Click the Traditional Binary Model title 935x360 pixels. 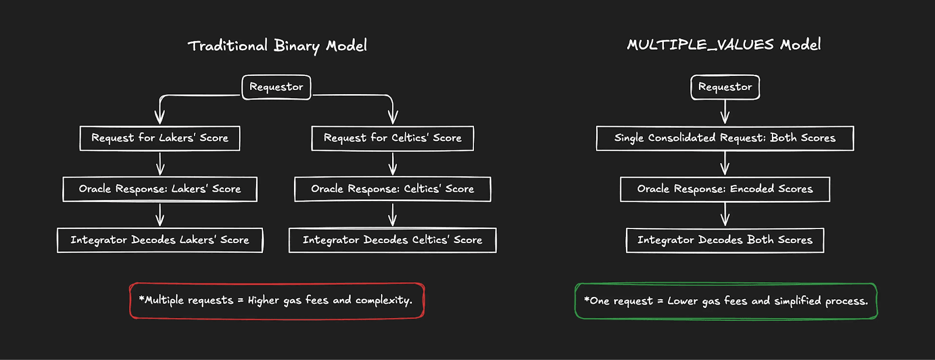coord(277,46)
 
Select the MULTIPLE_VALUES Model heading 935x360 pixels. coord(723,44)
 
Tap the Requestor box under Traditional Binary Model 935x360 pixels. coord(276,87)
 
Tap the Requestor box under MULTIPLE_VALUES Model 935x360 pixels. coord(725,87)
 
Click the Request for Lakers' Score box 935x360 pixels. coord(160,138)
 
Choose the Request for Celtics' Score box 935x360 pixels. coord(392,138)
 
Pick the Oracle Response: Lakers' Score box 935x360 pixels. coord(160,189)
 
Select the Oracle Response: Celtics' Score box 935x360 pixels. coord(392,189)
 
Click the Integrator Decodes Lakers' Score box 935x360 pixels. coord(160,240)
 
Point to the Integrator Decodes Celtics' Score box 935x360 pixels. coord(392,240)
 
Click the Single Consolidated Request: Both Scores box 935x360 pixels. coord(725,138)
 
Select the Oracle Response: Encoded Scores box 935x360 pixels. coord(725,189)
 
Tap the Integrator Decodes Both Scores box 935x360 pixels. coord(725,240)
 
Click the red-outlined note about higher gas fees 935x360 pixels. coord(276,300)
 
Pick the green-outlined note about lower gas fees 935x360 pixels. coord(726,301)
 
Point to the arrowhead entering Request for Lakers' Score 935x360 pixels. coord(160,119)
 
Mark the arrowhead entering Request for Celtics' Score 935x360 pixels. coord(393,119)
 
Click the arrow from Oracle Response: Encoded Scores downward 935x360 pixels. coord(725,214)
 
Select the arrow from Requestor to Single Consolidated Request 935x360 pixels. coord(725,112)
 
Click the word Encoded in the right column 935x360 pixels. coord(752,189)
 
